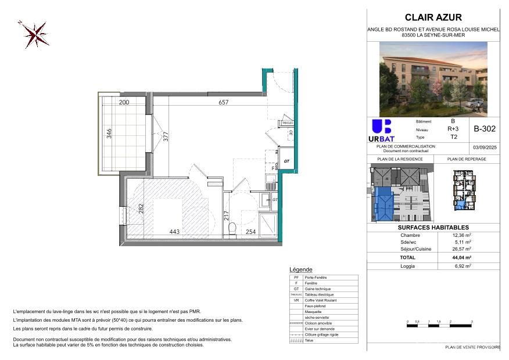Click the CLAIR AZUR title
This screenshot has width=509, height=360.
433,17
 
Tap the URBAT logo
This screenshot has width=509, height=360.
382,131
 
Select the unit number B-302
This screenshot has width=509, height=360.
484,130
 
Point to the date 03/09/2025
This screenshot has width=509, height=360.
484,148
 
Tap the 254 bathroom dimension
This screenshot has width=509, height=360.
250,232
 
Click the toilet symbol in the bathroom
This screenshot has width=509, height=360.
232,229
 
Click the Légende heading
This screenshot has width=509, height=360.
300,270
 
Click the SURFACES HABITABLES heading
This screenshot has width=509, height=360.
433,228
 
